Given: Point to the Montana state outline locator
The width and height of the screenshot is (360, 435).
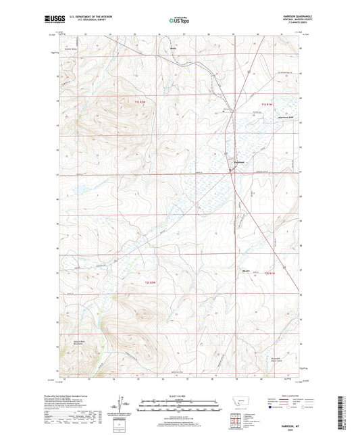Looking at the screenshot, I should [238, 404].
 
